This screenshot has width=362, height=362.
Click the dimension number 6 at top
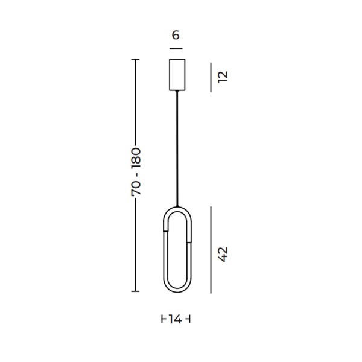(176, 36)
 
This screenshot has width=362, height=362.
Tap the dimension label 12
(223, 77)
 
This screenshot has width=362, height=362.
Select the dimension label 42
(223, 255)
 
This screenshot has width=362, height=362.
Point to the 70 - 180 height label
(136, 172)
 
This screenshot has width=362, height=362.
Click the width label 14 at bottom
(175, 320)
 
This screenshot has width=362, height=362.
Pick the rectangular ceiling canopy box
(177, 75)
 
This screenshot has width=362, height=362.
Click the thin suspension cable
(177, 148)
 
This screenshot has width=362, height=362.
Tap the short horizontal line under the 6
(176, 49)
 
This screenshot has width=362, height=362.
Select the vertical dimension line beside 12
(211, 77)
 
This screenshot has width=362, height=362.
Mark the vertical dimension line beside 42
(211, 250)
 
